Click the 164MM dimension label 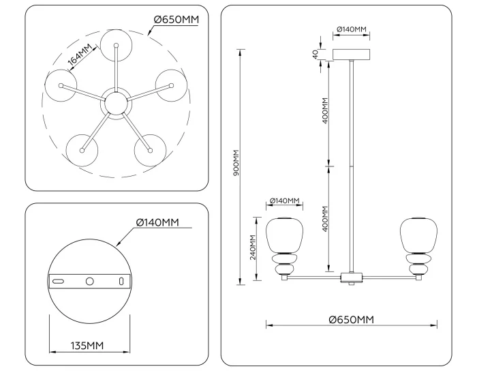pos(80,57)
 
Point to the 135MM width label pos(87,346)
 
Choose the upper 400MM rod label pos(325,110)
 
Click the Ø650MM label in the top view pos(176,19)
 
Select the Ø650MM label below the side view pos(350,319)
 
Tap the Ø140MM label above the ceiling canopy pos(352,30)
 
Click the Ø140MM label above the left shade pos(284,201)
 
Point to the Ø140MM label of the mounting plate pos(157,222)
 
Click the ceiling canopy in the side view pos(352,55)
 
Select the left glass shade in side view pos(283,235)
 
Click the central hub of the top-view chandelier pos(115,104)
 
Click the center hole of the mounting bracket pos(89,281)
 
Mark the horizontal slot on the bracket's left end pos(59,281)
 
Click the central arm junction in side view pos(351,277)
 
